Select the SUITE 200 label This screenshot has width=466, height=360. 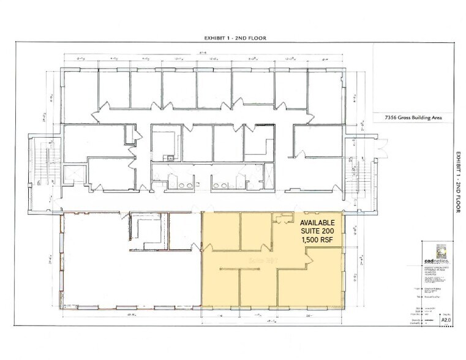click(x=317, y=231)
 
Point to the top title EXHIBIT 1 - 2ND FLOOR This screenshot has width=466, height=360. click(x=235, y=38)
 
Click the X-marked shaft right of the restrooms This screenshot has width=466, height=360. click(x=268, y=175)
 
